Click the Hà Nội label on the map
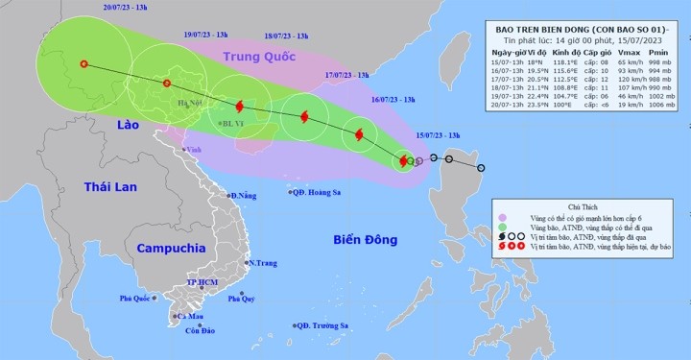click(188, 103)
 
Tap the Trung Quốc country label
click(262, 58)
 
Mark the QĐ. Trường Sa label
click(322, 326)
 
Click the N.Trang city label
click(264, 262)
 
